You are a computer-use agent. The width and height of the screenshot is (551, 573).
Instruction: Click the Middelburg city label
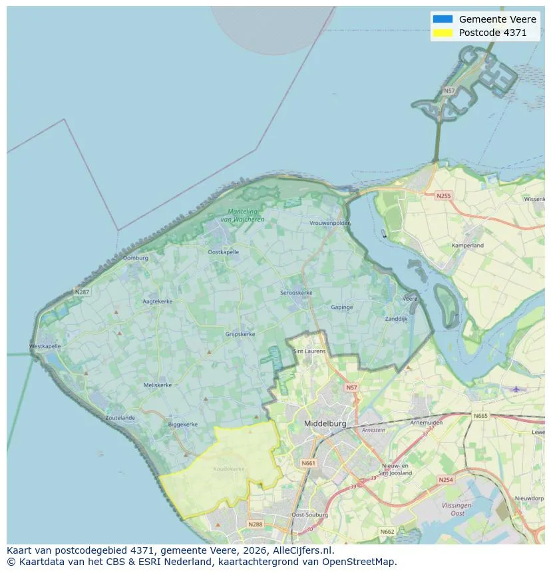pyautogui.click(x=326, y=423)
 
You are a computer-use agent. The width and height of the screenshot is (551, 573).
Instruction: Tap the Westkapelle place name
pyautogui.click(x=45, y=347)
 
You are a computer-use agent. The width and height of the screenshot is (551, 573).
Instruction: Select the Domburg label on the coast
pyautogui.click(x=135, y=258)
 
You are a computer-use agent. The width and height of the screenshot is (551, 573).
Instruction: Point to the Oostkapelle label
pyautogui.click(x=223, y=252)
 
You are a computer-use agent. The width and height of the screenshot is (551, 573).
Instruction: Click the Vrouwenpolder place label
pyautogui.click(x=329, y=224)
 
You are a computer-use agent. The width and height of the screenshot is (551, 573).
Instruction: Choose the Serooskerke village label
pyautogui.click(x=296, y=293)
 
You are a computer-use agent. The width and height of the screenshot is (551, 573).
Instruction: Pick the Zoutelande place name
pyautogui.click(x=120, y=418)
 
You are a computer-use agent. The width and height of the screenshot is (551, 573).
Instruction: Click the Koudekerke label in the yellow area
pyautogui.click(x=229, y=469)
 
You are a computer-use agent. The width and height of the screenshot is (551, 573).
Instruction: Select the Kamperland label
pyautogui.click(x=467, y=246)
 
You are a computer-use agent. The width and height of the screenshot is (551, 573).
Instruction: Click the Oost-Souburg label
pyautogui.click(x=307, y=515)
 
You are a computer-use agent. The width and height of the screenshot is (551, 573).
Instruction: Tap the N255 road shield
pyautogui.click(x=443, y=196)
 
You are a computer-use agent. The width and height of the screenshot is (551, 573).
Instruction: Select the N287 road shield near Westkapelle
pyautogui.click(x=82, y=291)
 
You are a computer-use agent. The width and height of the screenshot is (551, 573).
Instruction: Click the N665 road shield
pyautogui.click(x=480, y=416)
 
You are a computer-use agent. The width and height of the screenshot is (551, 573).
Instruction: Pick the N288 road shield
pyautogui.click(x=256, y=524)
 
